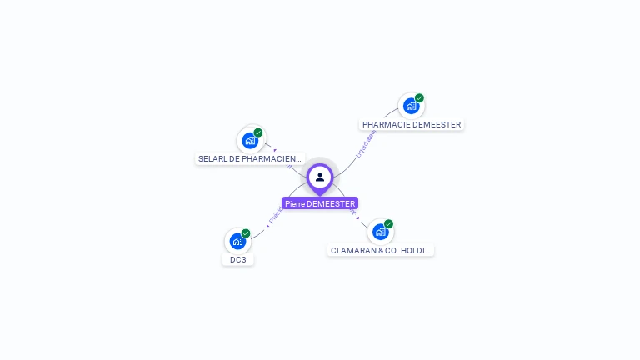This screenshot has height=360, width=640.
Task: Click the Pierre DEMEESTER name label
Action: (320, 203)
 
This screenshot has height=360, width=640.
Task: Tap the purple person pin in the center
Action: (320, 177)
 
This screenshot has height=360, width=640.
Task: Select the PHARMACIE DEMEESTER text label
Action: (412, 125)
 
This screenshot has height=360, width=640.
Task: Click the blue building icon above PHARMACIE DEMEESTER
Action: (410, 106)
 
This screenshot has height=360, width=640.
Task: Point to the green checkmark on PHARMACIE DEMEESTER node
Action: (419, 98)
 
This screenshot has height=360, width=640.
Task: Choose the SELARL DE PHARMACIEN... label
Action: (250, 158)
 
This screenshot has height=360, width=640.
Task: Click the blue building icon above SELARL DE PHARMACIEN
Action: (249, 140)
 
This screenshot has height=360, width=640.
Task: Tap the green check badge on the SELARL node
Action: (258, 132)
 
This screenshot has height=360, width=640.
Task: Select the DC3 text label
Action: (238, 259)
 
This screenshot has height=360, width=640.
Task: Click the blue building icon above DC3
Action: (237, 242)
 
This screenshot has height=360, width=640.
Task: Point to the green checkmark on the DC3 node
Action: (246, 233)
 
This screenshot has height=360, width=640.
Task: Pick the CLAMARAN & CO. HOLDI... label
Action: (381, 250)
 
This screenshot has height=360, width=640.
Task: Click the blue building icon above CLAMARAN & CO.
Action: (380, 232)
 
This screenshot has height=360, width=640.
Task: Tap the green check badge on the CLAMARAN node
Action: (388, 224)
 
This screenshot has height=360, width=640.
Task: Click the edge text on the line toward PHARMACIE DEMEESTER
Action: (364, 143)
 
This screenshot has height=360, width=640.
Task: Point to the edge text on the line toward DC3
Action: (274, 214)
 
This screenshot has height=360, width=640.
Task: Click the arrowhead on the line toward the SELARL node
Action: (275, 151)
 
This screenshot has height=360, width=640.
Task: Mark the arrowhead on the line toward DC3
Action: (267, 223)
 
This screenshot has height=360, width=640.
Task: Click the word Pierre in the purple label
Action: (293, 203)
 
